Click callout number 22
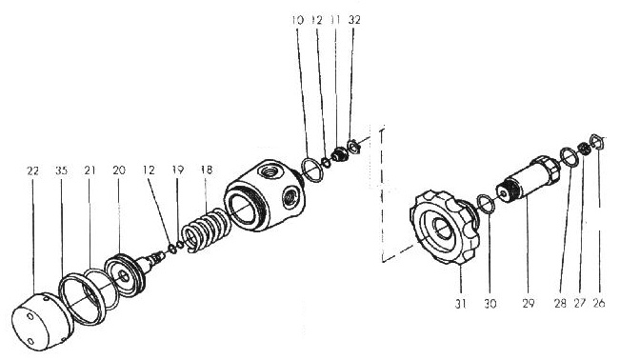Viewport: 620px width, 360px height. [x=32, y=170]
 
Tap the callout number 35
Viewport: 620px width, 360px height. [x=61, y=170]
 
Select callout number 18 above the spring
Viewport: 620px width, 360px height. [x=207, y=170]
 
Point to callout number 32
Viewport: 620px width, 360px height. [x=354, y=20]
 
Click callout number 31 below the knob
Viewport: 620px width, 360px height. [x=460, y=304]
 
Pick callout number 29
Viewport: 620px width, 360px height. [x=529, y=304]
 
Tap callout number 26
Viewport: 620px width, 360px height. [x=599, y=304]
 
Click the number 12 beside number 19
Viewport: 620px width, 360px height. [x=150, y=170]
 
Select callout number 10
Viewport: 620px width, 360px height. [x=297, y=20]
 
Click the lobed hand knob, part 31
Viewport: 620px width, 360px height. [x=445, y=227]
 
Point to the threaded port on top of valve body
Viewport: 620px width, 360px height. [x=268, y=171]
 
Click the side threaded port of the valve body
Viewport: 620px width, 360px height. [x=291, y=196]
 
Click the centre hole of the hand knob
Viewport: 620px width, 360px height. [x=442, y=229]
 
